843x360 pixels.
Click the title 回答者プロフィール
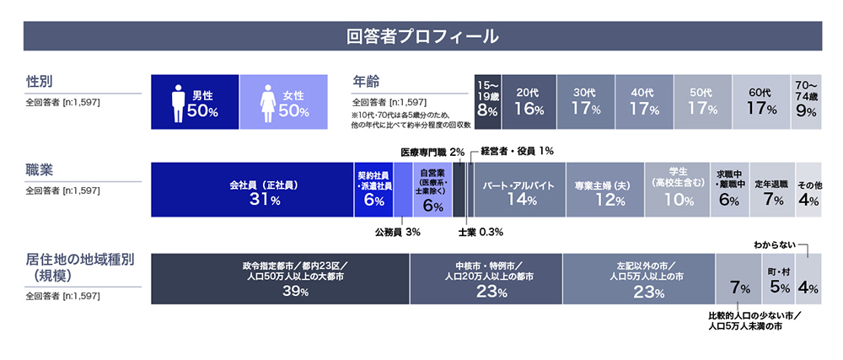(x=421, y=37)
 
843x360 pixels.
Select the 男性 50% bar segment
(x=194, y=102)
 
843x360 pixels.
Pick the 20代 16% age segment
(x=527, y=102)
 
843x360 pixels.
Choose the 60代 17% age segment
(x=761, y=102)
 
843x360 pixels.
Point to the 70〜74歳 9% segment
(x=806, y=102)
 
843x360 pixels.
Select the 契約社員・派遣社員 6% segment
(x=373, y=190)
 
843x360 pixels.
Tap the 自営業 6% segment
(x=432, y=190)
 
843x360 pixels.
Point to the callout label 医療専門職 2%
(x=432, y=152)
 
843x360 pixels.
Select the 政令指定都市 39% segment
(x=280, y=278)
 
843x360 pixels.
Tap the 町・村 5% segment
(x=779, y=278)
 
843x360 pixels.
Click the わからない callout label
(x=774, y=244)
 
